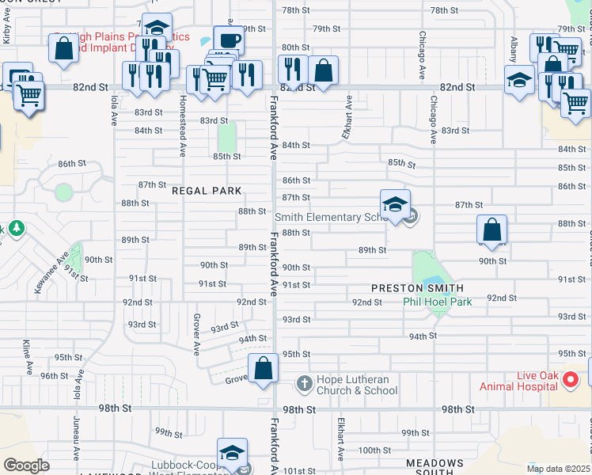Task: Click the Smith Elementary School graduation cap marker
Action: point(394,206)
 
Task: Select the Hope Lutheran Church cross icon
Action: point(304,385)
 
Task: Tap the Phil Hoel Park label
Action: point(437,302)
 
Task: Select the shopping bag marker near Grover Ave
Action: point(264,369)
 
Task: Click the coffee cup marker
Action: point(228,40)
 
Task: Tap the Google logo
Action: point(26,465)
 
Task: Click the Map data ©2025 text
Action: point(557,469)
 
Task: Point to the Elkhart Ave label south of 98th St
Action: point(341,439)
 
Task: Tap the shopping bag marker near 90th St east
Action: point(492,230)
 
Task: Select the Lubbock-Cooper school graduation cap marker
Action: point(231,454)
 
